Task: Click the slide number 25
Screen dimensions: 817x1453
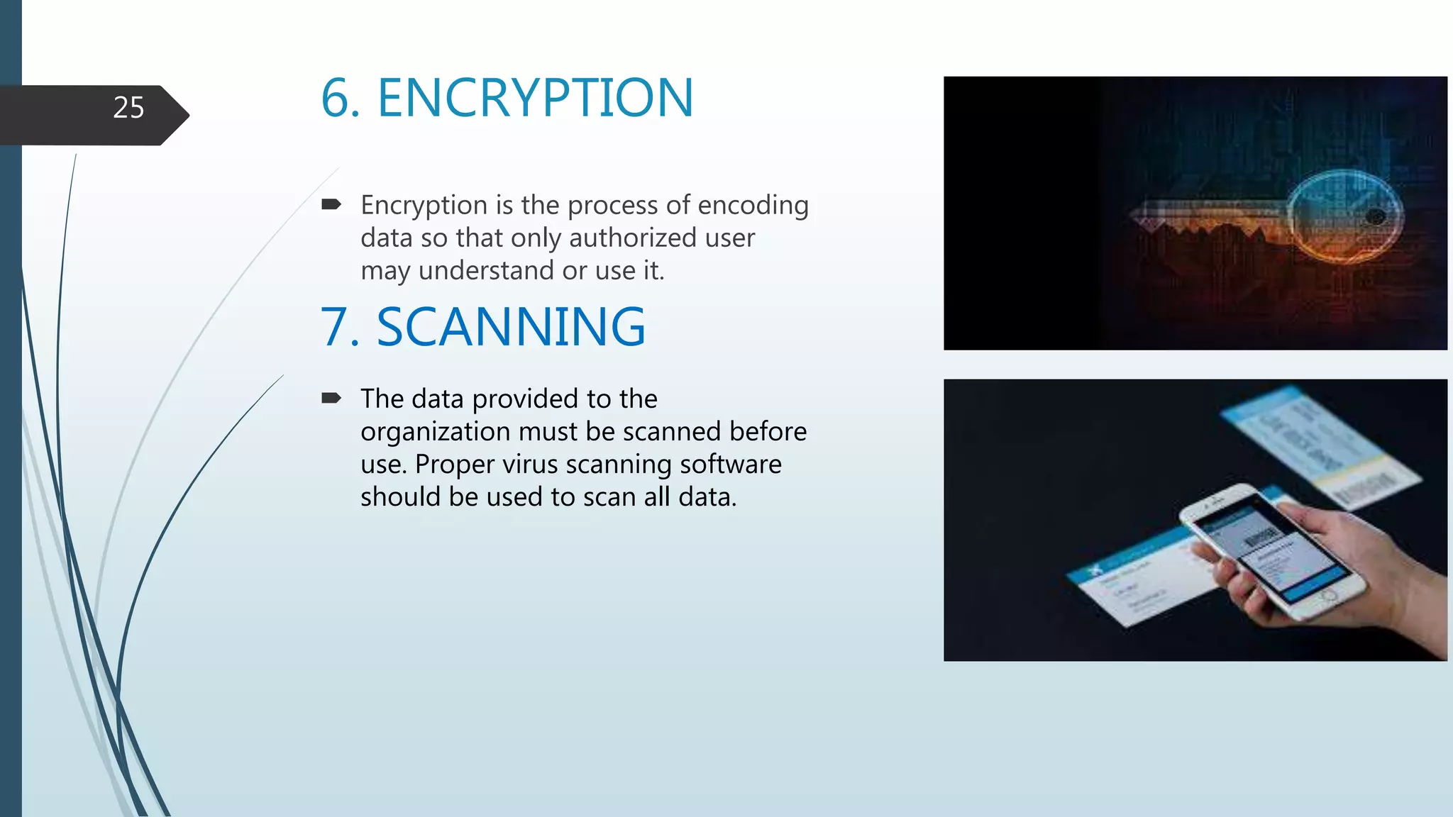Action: [128, 108]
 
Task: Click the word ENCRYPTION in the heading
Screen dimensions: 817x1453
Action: [535, 98]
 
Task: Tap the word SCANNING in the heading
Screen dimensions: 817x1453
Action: [511, 327]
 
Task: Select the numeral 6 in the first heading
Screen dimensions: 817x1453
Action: [336, 98]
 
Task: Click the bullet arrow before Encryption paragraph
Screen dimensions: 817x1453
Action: [331, 205]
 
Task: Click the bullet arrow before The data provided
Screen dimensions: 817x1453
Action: [331, 398]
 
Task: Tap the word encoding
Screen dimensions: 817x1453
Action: [753, 205]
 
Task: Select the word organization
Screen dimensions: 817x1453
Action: [435, 431]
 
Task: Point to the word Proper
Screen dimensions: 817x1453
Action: [454, 464]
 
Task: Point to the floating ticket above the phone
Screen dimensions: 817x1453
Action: [1320, 443]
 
